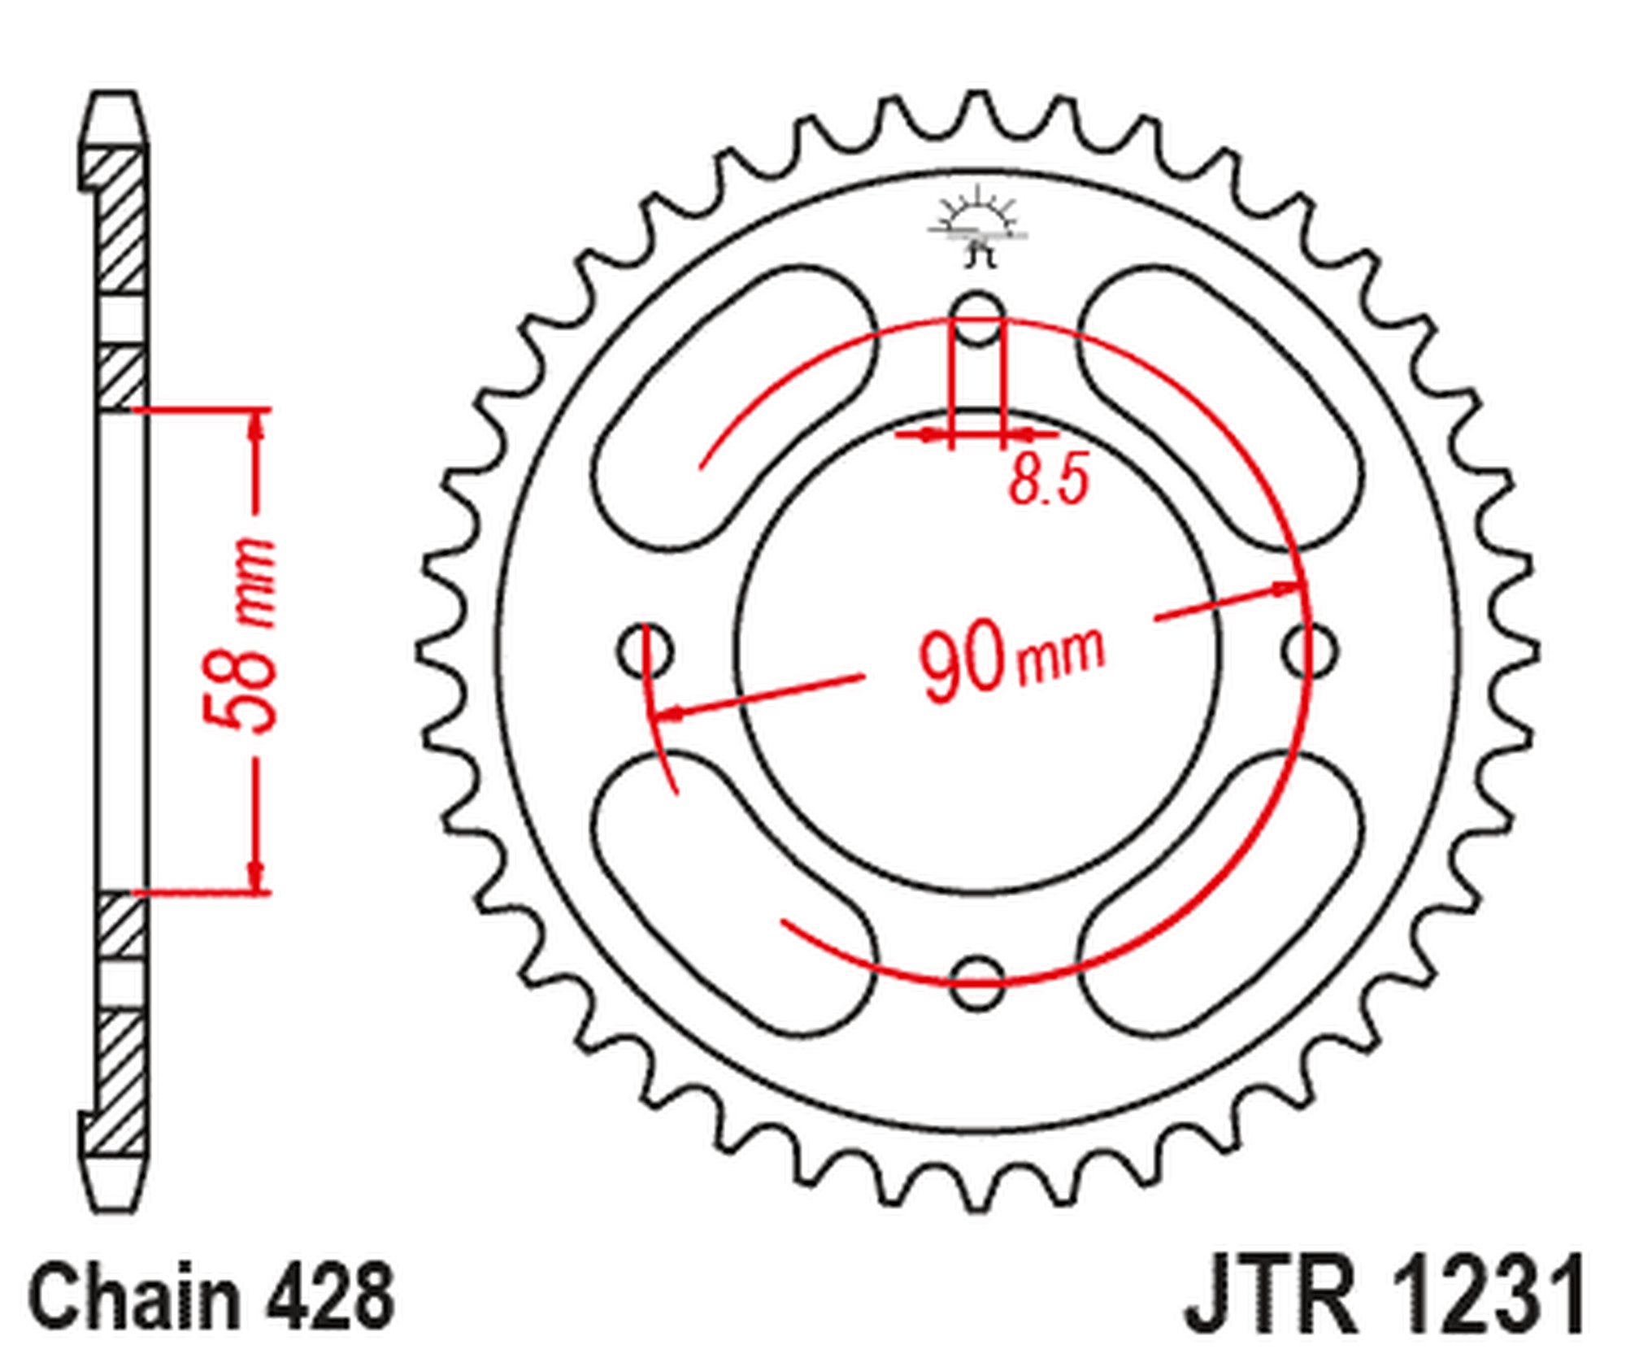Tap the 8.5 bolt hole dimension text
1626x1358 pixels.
(1048, 479)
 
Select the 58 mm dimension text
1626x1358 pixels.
(241, 634)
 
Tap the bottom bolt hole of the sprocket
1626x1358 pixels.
(977, 982)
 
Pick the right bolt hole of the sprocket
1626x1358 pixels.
(1310, 650)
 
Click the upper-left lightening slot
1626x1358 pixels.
(732, 407)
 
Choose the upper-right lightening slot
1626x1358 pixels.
(1224, 407)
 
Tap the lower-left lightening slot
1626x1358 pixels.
(732, 894)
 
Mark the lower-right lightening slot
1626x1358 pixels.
(1224, 894)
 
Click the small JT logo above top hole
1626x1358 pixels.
(978, 228)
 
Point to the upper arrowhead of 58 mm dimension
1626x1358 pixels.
(258, 423)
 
